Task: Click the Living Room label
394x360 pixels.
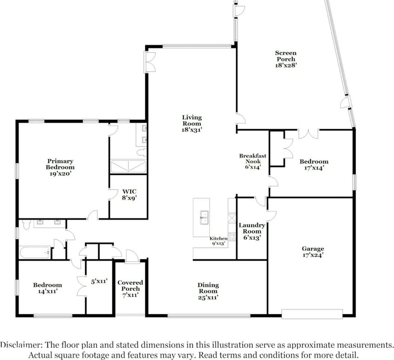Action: (x=192, y=123)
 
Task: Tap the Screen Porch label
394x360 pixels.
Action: (x=286, y=59)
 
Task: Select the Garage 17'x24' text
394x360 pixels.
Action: (x=313, y=252)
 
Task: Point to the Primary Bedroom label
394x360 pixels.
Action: (x=60, y=167)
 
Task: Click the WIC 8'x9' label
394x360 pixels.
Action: (x=130, y=195)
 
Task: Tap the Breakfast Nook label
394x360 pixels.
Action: (x=252, y=161)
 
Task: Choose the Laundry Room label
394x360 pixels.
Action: (x=252, y=231)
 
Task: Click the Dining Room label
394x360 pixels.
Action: (x=208, y=291)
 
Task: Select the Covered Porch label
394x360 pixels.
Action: (x=130, y=289)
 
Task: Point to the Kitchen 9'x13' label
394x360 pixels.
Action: (x=218, y=241)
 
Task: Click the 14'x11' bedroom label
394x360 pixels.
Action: (x=48, y=288)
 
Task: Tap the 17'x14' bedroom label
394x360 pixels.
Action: (x=314, y=165)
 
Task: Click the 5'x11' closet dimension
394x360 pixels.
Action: (x=99, y=281)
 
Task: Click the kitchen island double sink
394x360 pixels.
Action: (x=204, y=217)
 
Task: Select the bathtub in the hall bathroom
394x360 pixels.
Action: (x=35, y=252)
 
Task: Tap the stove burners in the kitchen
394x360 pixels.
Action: (x=232, y=237)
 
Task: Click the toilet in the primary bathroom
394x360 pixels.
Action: (x=142, y=152)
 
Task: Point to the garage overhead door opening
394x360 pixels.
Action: (x=312, y=314)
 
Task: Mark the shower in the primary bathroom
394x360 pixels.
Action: (x=128, y=166)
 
